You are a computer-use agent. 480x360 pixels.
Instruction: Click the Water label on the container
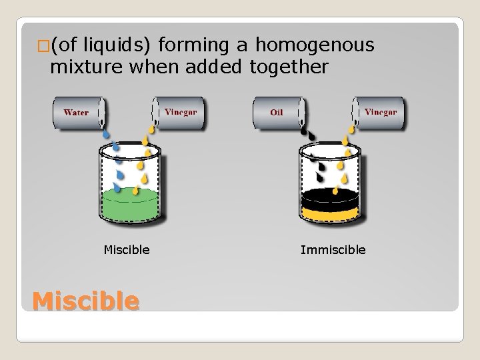tap(76, 113)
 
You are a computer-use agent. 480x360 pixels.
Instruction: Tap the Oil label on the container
tap(277, 113)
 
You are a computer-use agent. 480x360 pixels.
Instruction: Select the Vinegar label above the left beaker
tap(180, 112)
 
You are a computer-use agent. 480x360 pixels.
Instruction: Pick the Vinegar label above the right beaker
tap(381, 112)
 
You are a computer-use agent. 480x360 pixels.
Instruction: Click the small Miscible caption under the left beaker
tap(127, 250)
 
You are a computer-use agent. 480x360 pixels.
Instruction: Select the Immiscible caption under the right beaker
tap(333, 250)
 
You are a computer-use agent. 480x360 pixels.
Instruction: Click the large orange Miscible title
tap(85, 301)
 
